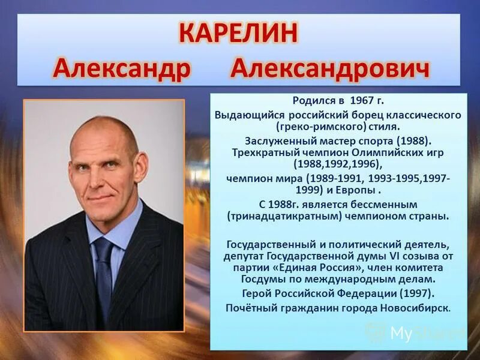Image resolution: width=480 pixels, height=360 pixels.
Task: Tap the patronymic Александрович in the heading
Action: [x=331, y=70]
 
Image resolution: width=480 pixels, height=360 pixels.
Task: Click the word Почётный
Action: [x=248, y=308]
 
